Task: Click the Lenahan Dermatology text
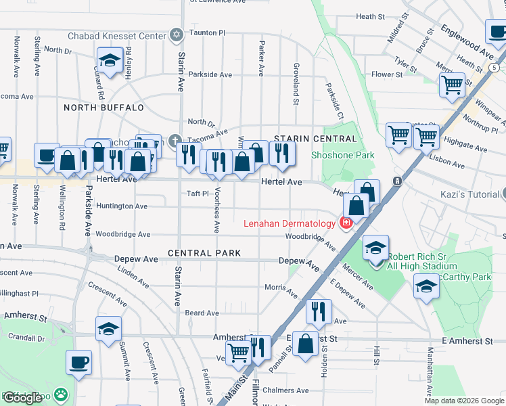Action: pyautogui.click(x=290, y=223)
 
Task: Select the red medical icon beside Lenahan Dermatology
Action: pyautogui.click(x=346, y=223)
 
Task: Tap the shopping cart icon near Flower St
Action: pyautogui.click(x=452, y=85)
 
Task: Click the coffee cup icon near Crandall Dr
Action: pyautogui.click(x=78, y=362)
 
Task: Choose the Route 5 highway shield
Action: pyautogui.click(x=495, y=68)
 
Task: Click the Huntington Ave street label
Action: pyautogui.click(x=122, y=206)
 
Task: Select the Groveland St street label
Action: pyautogui.click(x=296, y=85)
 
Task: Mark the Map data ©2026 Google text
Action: pyautogui.click(x=463, y=401)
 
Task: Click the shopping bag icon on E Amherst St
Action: pyautogui.click(x=306, y=343)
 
